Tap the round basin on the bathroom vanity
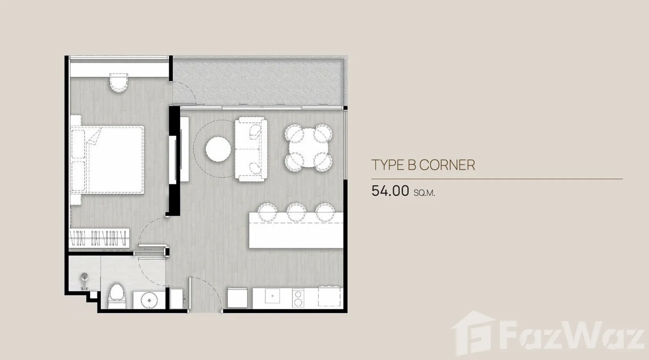(x=149, y=300)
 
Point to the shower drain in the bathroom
(x=84, y=276)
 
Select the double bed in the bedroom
(x=108, y=160)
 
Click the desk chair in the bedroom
(x=119, y=83)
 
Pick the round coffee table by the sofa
(x=218, y=149)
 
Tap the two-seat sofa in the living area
(x=251, y=149)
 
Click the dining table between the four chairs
(x=308, y=148)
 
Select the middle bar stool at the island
(x=296, y=212)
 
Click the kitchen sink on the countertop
(x=272, y=296)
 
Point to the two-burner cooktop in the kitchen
(x=297, y=298)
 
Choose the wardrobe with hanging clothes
(x=99, y=238)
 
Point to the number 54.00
(x=390, y=191)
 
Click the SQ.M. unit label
(x=425, y=193)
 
